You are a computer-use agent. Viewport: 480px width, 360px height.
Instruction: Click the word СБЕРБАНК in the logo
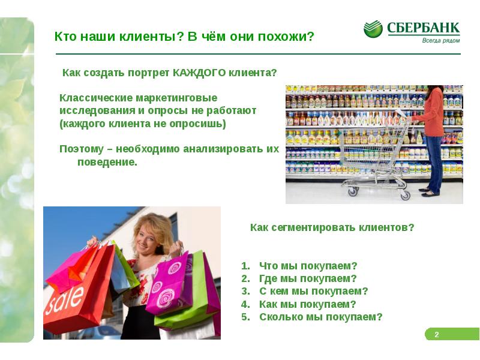pos(423,28)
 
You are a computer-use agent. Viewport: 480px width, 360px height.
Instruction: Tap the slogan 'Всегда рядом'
pos(441,40)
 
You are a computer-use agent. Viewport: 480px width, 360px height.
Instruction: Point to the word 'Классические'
pos(89,97)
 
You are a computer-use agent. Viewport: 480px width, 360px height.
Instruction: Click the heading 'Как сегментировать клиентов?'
pos(332,228)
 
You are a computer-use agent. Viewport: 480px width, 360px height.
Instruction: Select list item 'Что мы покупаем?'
pos(308,266)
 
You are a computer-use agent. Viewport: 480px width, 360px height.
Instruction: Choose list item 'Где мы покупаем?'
pos(307,278)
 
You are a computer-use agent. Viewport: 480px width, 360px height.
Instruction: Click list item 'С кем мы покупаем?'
pos(313,291)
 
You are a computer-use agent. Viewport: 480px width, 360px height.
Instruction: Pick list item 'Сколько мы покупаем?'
pos(320,317)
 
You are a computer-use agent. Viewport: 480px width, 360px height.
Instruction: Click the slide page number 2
pos(437,334)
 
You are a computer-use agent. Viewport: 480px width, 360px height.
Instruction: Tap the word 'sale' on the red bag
pos(67,298)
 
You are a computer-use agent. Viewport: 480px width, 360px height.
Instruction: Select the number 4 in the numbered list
pos(244,304)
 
